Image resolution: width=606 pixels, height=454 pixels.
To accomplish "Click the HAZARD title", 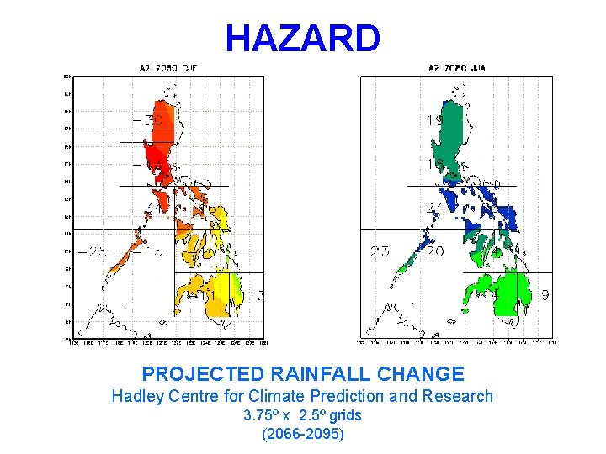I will pos(302,38).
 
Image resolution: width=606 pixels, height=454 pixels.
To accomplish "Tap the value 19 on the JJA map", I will pos(434,121).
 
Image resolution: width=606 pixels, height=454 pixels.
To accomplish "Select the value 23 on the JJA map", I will pos(380,251).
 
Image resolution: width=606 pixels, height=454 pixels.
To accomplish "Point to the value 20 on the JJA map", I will pos(434,251).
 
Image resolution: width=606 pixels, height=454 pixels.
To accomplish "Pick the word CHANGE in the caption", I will pos(428,374).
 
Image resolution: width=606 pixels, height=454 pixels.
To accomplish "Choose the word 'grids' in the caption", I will pos(346,415).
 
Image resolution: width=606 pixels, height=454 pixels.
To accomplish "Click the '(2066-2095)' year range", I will pos(302,434).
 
